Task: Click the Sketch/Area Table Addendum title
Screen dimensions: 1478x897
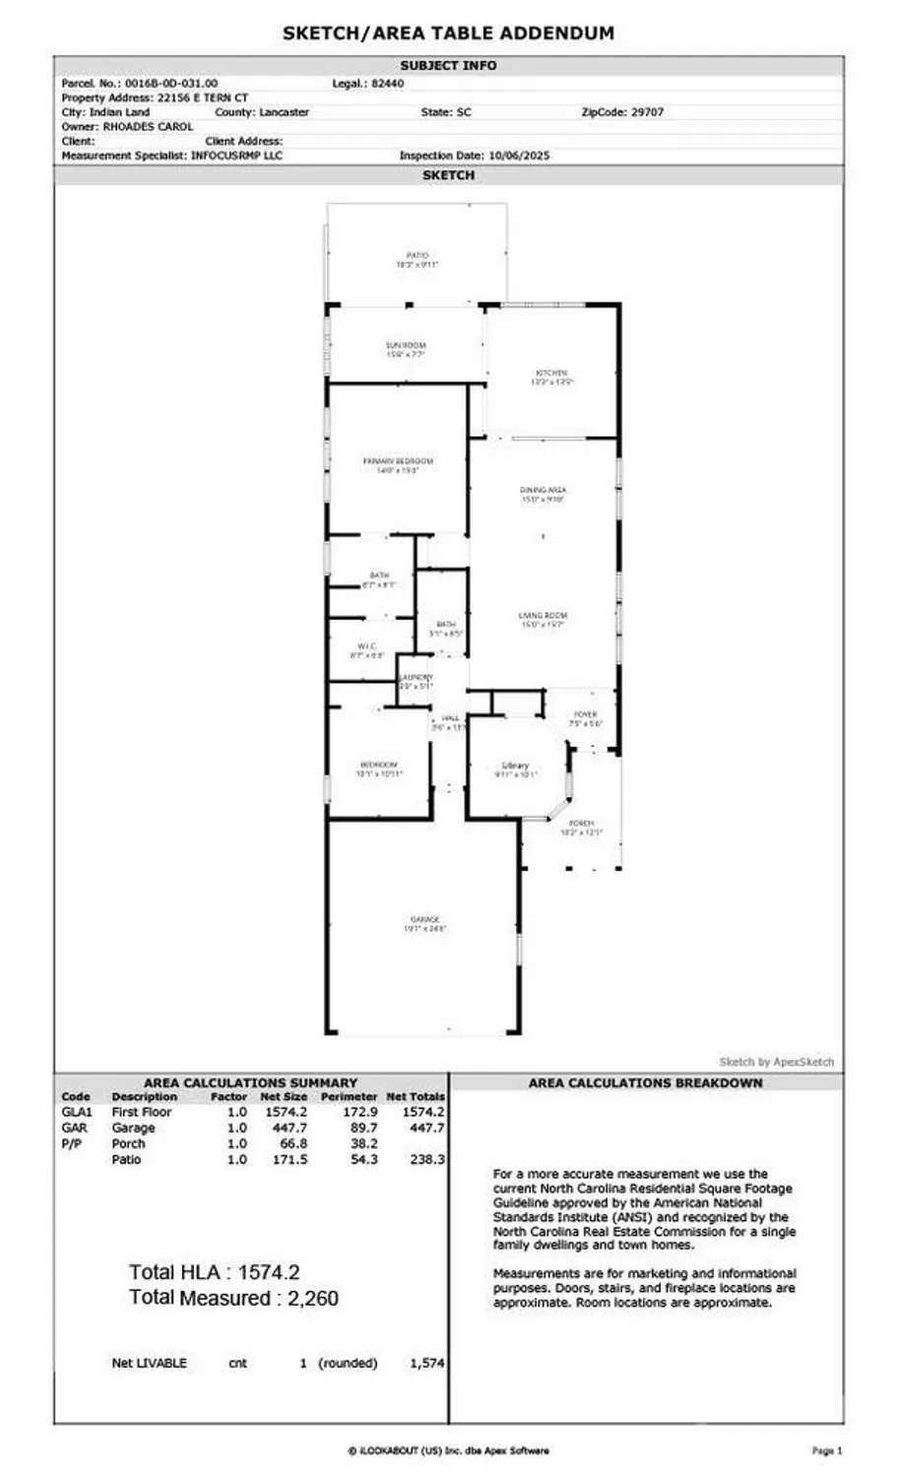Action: tap(448, 33)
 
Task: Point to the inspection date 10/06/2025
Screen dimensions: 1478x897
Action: tap(516, 156)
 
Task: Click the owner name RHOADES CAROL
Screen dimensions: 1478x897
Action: tap(148, 127)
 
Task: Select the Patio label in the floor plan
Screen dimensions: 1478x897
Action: tap(417, 255)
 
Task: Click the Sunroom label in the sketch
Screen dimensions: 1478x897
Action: tap(406, 346)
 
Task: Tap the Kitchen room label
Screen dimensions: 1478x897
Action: tap(551, 373)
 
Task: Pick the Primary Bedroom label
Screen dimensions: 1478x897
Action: tap(398, 461)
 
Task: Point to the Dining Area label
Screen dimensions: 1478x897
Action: tap(544, 490)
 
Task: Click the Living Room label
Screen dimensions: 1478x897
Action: tap(544, 616)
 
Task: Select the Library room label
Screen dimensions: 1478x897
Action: tap(515, 766)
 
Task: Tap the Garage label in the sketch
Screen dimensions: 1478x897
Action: tap(425, 919)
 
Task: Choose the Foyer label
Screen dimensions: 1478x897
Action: tap(585, 714)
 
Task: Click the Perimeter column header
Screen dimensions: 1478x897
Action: tap(349, 1097)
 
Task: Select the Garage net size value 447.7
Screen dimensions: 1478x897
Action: tap(284, 1128)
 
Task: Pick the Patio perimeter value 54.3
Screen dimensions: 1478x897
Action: tap(362, 1160)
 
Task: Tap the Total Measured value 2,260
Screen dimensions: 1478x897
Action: tap(312, 1299)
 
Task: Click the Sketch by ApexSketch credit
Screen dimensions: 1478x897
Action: tap(776, 1061)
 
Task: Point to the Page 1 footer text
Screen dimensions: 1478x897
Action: tap(826, 1450)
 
